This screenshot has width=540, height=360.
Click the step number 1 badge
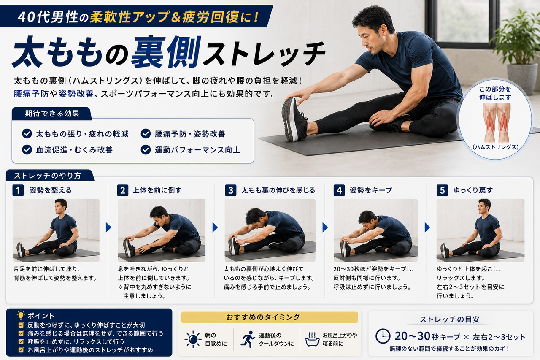coord(18,190)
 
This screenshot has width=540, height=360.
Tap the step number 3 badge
coord(230,190)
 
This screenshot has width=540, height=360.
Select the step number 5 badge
coord(442,190)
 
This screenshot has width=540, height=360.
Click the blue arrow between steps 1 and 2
coord(108,227)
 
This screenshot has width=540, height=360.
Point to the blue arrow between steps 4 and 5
coord(427,227)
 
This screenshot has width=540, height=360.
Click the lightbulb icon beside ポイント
coord(21,315)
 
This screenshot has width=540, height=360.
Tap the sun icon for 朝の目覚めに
coord(193,339)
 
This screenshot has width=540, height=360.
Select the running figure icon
coord(248,339)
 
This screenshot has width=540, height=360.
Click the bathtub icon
coord(312,339)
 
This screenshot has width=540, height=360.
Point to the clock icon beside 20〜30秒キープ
coord(383,336)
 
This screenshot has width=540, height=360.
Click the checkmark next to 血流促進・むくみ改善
coord(27,150)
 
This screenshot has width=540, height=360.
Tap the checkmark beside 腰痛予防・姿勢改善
coord(146,134)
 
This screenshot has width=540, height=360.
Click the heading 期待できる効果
coord(52,114)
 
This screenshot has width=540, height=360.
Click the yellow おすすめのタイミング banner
coord(269,317)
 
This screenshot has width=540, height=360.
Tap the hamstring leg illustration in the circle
coord(496,122)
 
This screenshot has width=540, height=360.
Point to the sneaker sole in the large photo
coord(288,119)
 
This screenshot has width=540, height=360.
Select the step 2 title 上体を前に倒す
coord(157,190)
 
